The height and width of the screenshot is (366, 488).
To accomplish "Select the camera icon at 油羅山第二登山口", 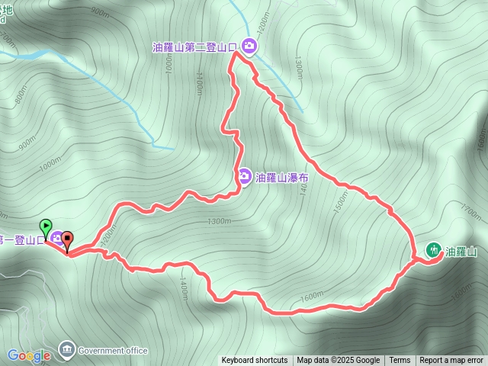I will pos(249,47).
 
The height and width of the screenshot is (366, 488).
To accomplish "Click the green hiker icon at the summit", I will pos(433,250).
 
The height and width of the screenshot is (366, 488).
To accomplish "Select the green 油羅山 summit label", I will pos(461,251).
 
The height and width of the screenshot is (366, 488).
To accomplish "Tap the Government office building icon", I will pos(66,350).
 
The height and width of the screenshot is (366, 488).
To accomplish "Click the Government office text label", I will pos(113,351).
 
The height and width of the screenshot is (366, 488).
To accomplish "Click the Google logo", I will pos(29,355).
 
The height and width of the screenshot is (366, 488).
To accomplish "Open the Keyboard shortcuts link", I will pos(255,361).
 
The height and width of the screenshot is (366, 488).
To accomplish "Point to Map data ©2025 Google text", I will pos(338,361).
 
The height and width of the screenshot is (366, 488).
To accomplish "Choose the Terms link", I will pos(400,361).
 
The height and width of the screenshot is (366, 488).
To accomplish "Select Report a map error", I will pos(451,361).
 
